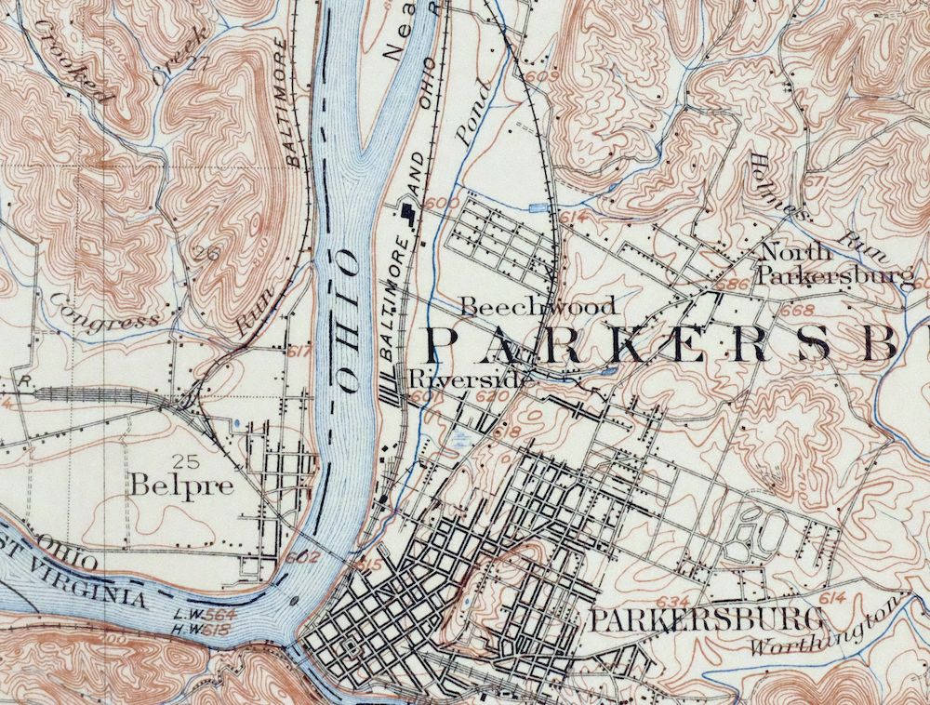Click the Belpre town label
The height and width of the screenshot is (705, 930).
[x=181, y=486]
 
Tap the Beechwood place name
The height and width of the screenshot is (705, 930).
[x=538, y=306]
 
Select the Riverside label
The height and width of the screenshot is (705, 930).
[x=471, y=379]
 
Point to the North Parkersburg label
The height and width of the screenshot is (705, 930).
[x=834, y=263]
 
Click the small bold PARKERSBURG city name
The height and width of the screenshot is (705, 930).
[x=706, y=619]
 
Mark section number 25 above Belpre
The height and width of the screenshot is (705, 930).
[x=181, y=459]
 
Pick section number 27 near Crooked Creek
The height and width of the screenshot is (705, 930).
[x=197, y=62]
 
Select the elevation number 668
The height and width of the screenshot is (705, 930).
[x=801, y=309]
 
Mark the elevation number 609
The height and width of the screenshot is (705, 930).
[x=549, y=75]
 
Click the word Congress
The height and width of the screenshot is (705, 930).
[x=104, y=314]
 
